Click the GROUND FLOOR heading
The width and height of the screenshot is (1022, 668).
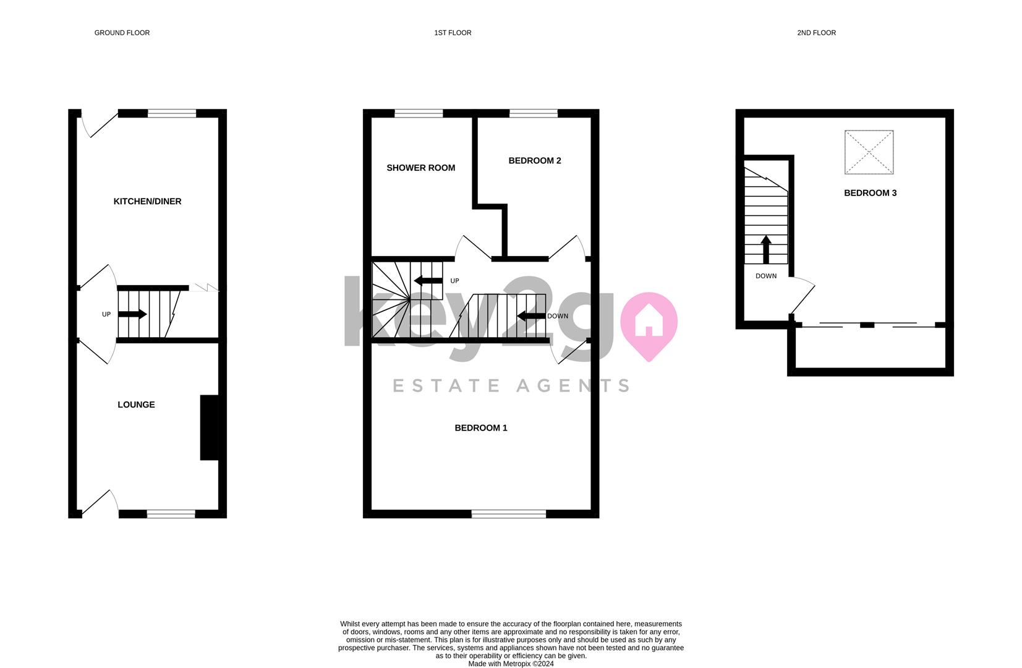tap(122, 33)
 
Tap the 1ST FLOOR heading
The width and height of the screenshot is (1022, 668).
tap(453, 33)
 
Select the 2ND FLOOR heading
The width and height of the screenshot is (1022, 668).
tap(816, 33)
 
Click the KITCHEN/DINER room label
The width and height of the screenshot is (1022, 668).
tap(147, 201)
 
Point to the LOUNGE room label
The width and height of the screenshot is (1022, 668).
tap(137, 405)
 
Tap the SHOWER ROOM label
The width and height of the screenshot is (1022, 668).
tap(420, 168)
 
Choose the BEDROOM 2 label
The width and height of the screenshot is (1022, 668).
tap(535, 161)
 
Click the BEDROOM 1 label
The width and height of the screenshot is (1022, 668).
tap(481, 428)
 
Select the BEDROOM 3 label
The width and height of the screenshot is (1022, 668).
tap(870, 193)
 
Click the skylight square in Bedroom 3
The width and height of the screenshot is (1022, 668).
tap(869, 152)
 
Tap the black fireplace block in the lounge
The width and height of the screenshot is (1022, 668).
tap(210, 427)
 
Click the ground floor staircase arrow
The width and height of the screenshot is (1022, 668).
tap(132, 314)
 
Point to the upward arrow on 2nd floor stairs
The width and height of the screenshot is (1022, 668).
tap(766, 250)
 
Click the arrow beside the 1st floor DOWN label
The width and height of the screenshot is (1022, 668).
tap(531, 315)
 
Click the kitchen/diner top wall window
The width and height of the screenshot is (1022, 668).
tap(172, 114)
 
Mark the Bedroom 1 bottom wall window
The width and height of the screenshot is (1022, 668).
tap(509, 514)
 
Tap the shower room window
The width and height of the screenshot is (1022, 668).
tap(419, 114)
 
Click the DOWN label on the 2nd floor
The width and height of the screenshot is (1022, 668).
tap(766, 276)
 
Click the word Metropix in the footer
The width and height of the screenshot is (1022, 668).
tap(517, 664)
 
